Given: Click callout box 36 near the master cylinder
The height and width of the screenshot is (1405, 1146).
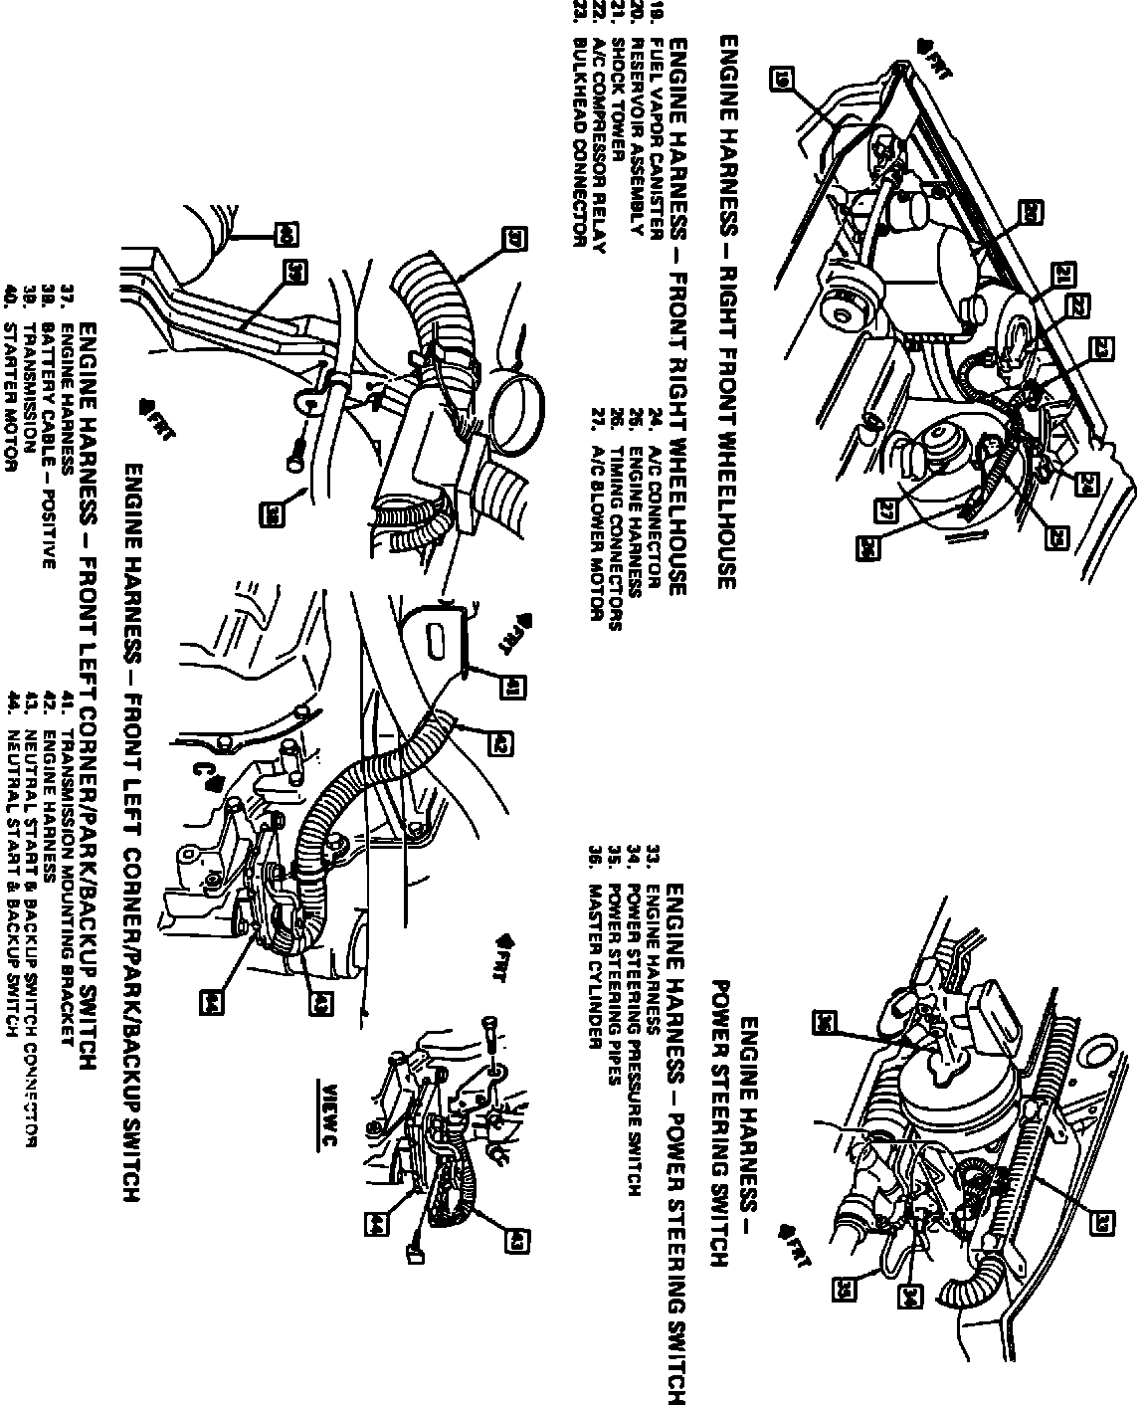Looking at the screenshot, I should click(825, 1021).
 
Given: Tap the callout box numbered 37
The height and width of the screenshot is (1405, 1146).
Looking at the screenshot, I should click(516, 238).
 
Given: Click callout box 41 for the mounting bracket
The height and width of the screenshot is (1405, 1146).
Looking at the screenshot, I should click(516, 686).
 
